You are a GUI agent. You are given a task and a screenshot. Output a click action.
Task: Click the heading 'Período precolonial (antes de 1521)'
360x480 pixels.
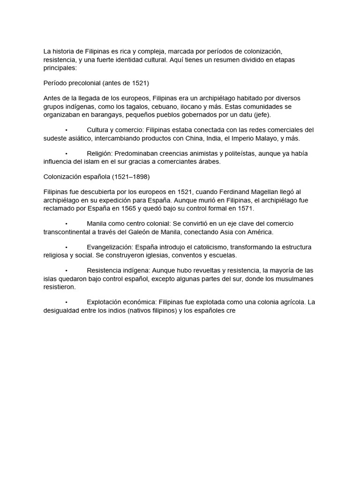coord(96,83)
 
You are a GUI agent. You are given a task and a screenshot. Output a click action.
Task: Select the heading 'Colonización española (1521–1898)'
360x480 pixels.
coord(97,177)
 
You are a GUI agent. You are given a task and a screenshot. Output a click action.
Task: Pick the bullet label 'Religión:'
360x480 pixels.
coord(99,153)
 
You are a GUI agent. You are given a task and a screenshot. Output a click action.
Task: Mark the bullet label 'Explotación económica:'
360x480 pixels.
coord(121,302)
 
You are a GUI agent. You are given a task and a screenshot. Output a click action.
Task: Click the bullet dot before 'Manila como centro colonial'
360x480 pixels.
coord(67,224)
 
